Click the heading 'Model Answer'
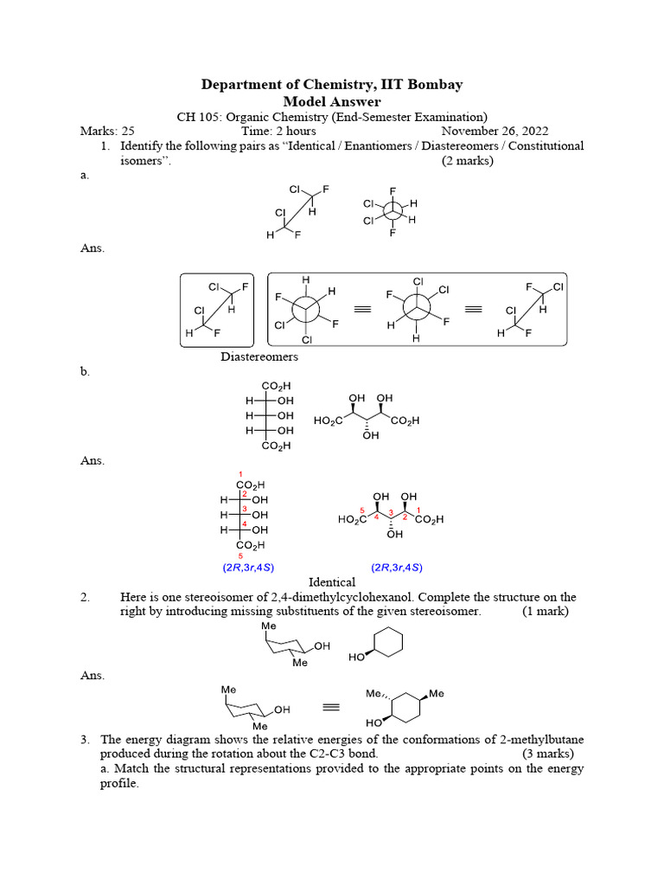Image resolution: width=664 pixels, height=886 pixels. [x=332, y=101]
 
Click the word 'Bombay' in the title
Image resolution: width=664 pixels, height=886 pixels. [x=431, y=84]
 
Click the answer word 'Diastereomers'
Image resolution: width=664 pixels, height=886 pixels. [x=259, y=356]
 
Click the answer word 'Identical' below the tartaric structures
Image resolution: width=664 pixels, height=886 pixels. [x=332, y=582]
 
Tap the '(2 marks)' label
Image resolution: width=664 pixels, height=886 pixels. [x=468, y=161]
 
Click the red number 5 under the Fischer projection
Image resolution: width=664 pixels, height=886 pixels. [x=239, y=556]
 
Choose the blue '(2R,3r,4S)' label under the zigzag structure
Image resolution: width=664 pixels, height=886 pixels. [x=397, y=568]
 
